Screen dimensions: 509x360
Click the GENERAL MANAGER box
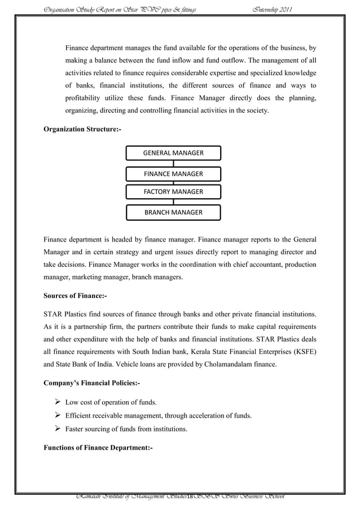coord(173,153)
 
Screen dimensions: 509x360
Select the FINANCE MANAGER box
coord(173,173)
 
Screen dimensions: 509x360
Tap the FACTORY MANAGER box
coord(173,192)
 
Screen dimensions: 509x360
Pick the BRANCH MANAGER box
coord(173,212)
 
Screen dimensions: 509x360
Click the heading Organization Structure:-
coord(82,129)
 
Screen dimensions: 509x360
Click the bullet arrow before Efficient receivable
coord(58,416)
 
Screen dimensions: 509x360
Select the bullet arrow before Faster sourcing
coord(58,429)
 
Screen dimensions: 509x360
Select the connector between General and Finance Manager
coord(173,163)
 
